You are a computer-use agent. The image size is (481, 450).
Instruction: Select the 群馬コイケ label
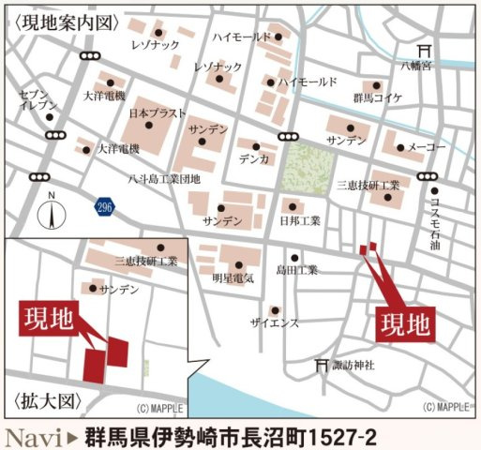pyautogui.click(x=377, y=97)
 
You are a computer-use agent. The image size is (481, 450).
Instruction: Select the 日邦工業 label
pyautogui.click(x=300, y=221)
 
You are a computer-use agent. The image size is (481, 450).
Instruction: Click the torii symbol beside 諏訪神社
pyautogui.click(x=325, y=365)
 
